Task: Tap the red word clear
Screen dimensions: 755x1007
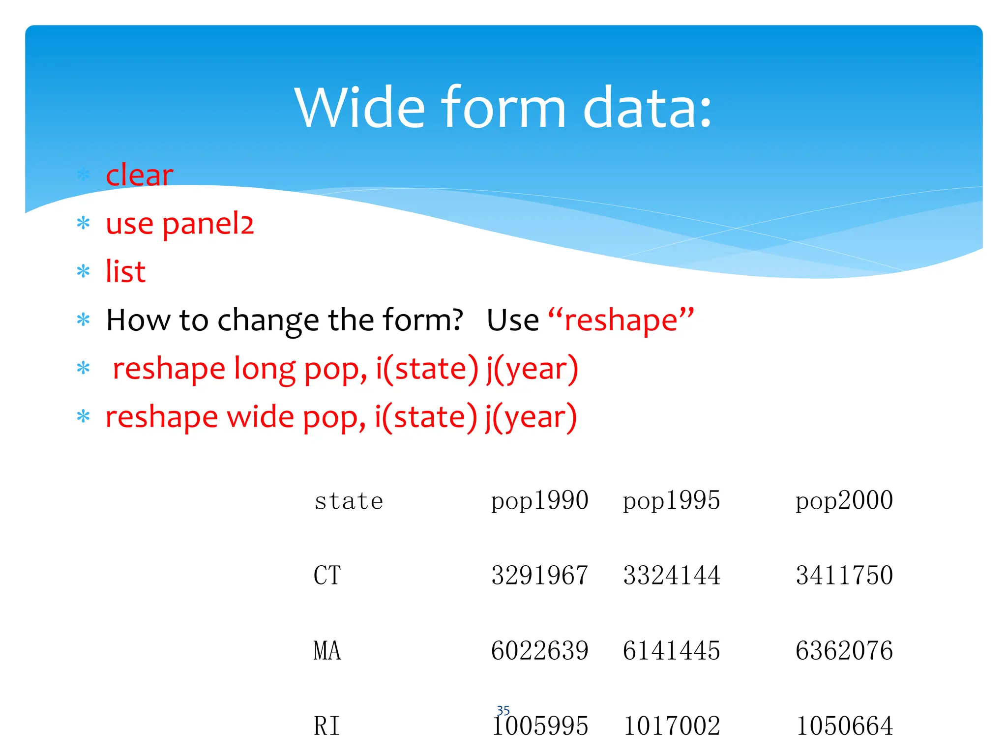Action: coord(139,175)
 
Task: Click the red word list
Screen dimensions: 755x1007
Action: coord(125,271)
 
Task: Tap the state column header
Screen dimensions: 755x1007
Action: coord(349,501)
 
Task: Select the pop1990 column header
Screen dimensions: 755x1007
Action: coord(539,501)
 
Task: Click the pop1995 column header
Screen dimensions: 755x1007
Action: coord(671,501)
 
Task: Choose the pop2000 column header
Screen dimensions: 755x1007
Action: coord(844,501)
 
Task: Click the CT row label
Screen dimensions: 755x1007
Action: coord(327,576)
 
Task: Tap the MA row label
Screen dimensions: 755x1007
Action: coord(327,651)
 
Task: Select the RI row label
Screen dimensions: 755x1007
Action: coord(327,726)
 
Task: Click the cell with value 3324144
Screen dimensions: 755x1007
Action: coord(671,576)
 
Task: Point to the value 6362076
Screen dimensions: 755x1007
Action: coord(844,651)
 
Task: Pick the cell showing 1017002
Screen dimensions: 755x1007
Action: coord(671,726)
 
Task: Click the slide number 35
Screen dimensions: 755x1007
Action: coord(503,710)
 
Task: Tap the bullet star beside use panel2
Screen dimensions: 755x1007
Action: coord(84,224)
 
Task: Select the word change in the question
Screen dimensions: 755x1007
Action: coord(268,320)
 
